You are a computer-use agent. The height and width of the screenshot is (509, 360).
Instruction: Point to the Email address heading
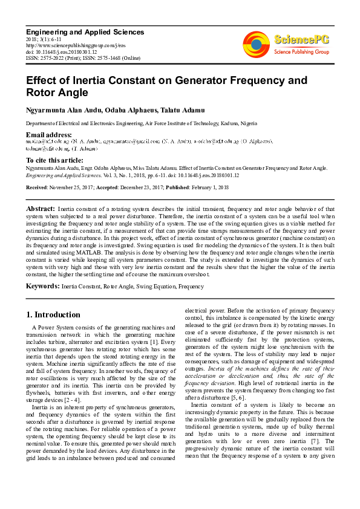48,134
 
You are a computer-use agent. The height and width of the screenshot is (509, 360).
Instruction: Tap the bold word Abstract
40,208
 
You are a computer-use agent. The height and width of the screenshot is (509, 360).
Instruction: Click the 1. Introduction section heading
54,315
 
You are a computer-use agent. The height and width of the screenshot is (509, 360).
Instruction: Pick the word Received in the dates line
38,187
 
